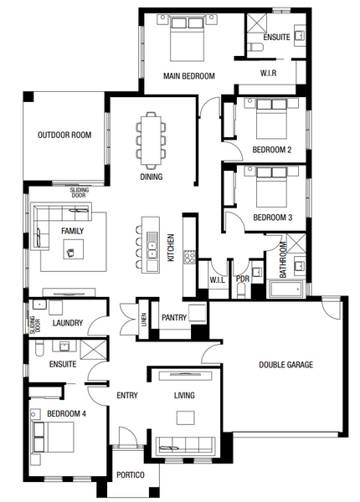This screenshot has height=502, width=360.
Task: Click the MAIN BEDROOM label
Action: [189, 76]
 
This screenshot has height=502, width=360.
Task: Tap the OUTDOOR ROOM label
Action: [64, 135]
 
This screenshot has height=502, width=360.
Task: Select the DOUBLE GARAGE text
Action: [285, 365]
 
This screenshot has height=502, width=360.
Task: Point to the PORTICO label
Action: [131, 474]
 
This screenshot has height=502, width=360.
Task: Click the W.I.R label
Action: [268, 73]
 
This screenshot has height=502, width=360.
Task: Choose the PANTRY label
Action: [174, 318]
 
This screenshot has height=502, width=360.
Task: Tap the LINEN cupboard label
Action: [144, 320]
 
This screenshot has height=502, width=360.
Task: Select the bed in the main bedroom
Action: [187, 38]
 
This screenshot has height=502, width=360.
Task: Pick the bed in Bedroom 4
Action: [53, 437]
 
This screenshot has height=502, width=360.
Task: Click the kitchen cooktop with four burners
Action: [189, 257]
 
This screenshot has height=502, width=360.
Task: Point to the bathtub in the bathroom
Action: [285, 289]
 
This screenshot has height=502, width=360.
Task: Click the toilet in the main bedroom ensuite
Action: [255, 48]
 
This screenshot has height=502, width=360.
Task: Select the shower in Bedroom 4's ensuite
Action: [93, 350]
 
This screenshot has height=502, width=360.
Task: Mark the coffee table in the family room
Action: [74, 248]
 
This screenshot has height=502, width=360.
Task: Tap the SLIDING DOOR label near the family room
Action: [79, 192]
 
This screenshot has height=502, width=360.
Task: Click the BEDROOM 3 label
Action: [273, 218]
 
